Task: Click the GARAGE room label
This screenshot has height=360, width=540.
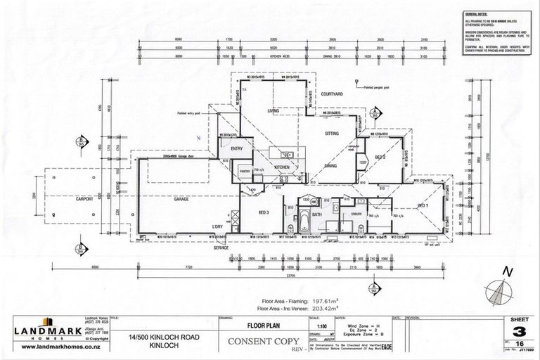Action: pos(184,200)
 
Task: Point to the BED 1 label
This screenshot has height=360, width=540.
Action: pos(423,205)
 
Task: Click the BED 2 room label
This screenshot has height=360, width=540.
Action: pos(380,156)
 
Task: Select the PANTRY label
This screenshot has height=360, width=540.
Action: pos(246,169)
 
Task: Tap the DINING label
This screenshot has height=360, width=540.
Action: pos(330,165)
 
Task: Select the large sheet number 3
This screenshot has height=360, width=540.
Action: pos(519,332)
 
